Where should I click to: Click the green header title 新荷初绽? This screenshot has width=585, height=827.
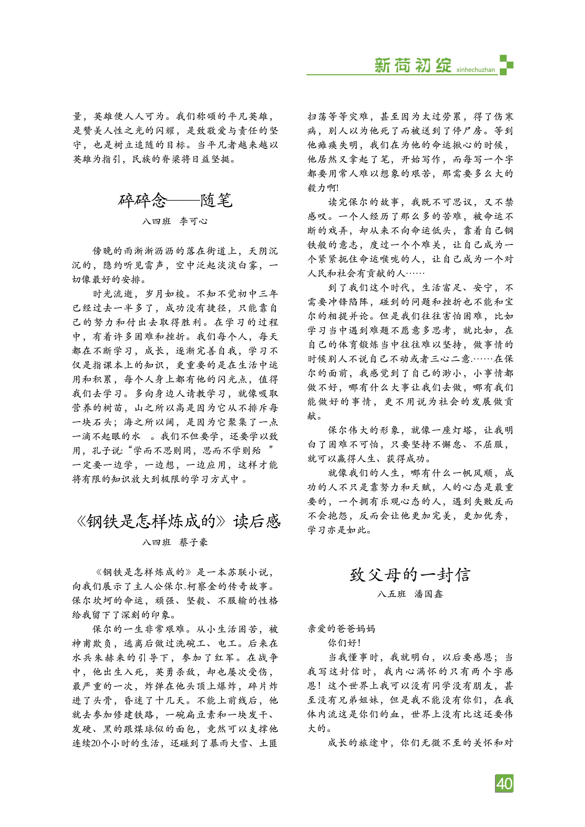[x=413, y=66]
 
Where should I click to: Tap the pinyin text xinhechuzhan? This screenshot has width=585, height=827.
[x=475, y=70]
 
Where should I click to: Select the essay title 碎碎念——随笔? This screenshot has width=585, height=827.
[x=175, y=200]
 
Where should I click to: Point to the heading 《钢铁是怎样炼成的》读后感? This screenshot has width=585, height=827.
[x=178, y=521]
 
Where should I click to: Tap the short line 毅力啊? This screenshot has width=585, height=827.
[x=323, y=188]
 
